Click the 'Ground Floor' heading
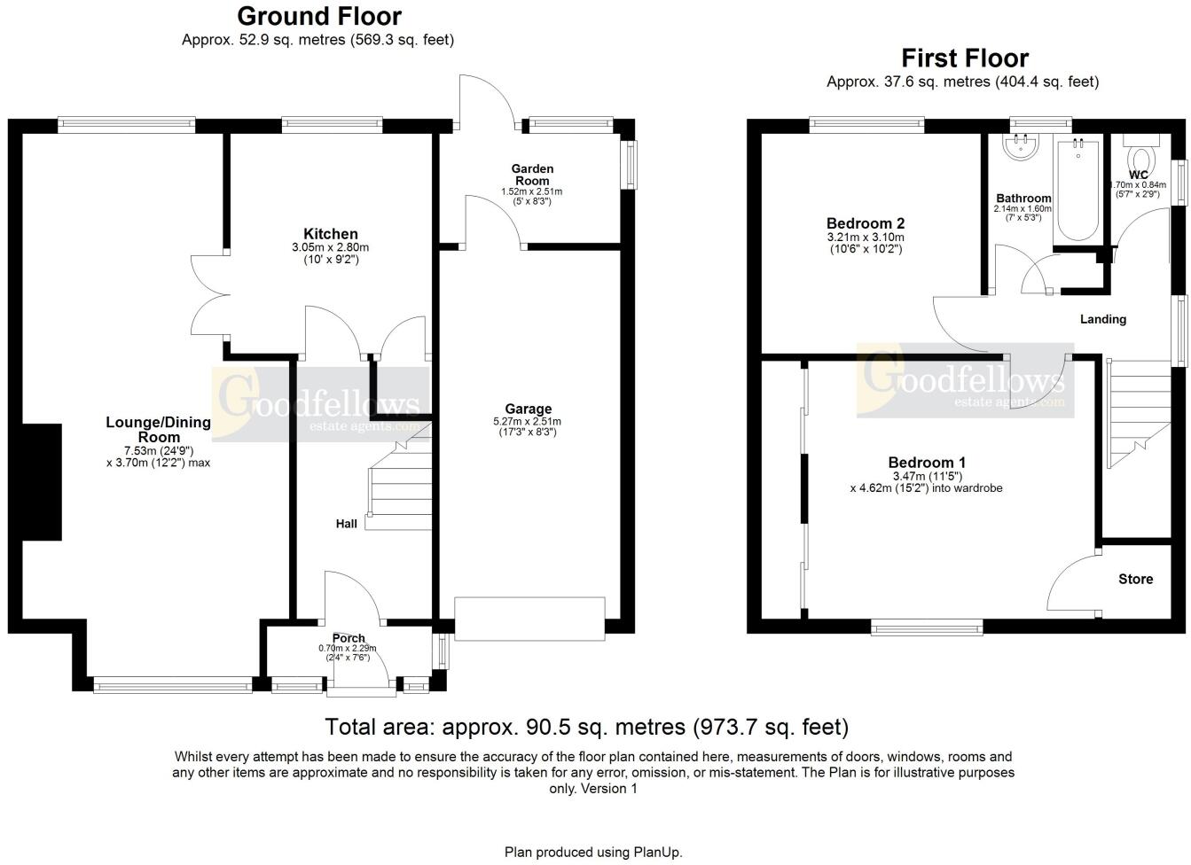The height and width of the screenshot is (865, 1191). (x=318, y=17)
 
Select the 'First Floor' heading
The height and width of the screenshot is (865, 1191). (x=964, y=58)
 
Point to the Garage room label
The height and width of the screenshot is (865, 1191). (x=528, y=409)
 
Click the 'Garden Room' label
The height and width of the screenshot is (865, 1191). (x=532, y=175)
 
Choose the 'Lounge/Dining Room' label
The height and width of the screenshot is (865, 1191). (x=158, y=430)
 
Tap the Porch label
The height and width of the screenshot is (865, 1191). (x=349, y=638)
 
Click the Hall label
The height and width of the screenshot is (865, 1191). (x=346, y=524)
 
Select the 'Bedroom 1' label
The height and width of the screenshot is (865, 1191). (x=927, y=463)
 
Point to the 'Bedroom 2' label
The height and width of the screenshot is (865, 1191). (x=865, y=223)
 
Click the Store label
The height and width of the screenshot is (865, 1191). (x=1135, y=579)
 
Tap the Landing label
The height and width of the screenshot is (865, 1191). (x=1102, y=319)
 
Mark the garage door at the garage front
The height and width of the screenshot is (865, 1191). (x=529, y=619)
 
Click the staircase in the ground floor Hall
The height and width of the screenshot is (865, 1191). (x=399, y=483)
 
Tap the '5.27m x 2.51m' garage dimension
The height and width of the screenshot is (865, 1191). (x=528, y=422)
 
